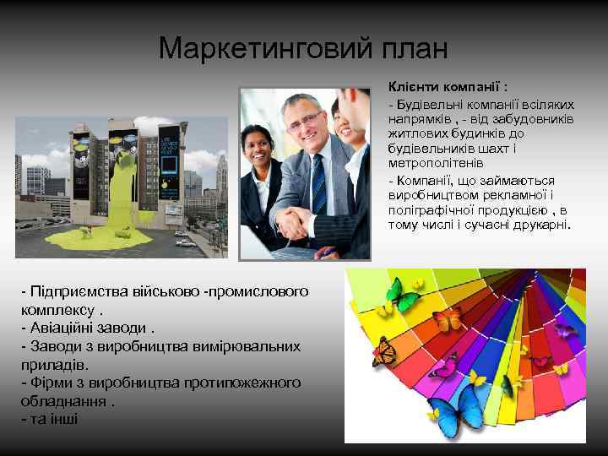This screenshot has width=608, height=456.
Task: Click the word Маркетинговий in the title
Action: click(257, 48)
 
